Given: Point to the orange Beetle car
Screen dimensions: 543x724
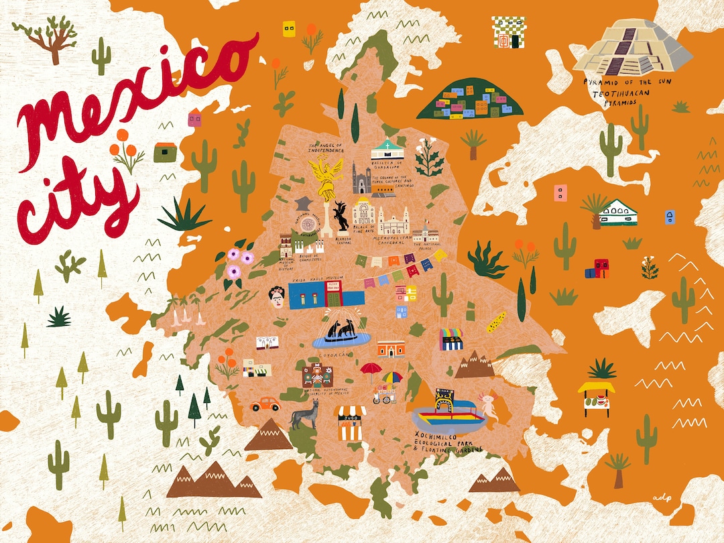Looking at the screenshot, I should [265, 404].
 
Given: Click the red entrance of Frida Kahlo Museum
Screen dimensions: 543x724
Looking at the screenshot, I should [333, 294].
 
